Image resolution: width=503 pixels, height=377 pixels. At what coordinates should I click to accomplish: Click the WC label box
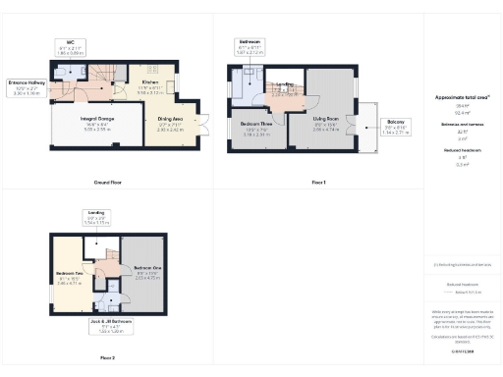pyautogui.click(x=71, y=46)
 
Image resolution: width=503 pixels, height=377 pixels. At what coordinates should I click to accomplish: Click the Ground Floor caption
pyautogui.click(x=107, y=183)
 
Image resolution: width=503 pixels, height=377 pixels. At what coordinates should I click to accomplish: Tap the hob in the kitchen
pyautogui.click(x=151, y=68)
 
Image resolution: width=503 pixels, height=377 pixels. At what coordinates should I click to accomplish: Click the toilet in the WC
pyautogui.click(x=63, y=71)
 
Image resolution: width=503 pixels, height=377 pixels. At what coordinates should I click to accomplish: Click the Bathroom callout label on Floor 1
pyautogui.click(x=249, y=46)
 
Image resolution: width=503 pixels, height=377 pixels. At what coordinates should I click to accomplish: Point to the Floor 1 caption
pyautogui.click(x=318, y=183)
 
